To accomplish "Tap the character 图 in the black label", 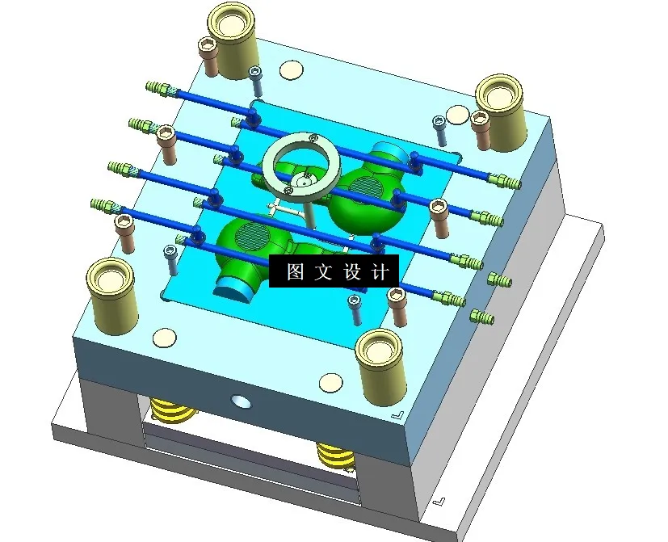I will pos(296,272).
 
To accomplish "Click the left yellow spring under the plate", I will pos(173,412).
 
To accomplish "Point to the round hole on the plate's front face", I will pos(240,401).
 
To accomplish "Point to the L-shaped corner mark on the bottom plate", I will pos(438,501).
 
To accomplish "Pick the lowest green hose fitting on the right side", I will pos(481,316).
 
